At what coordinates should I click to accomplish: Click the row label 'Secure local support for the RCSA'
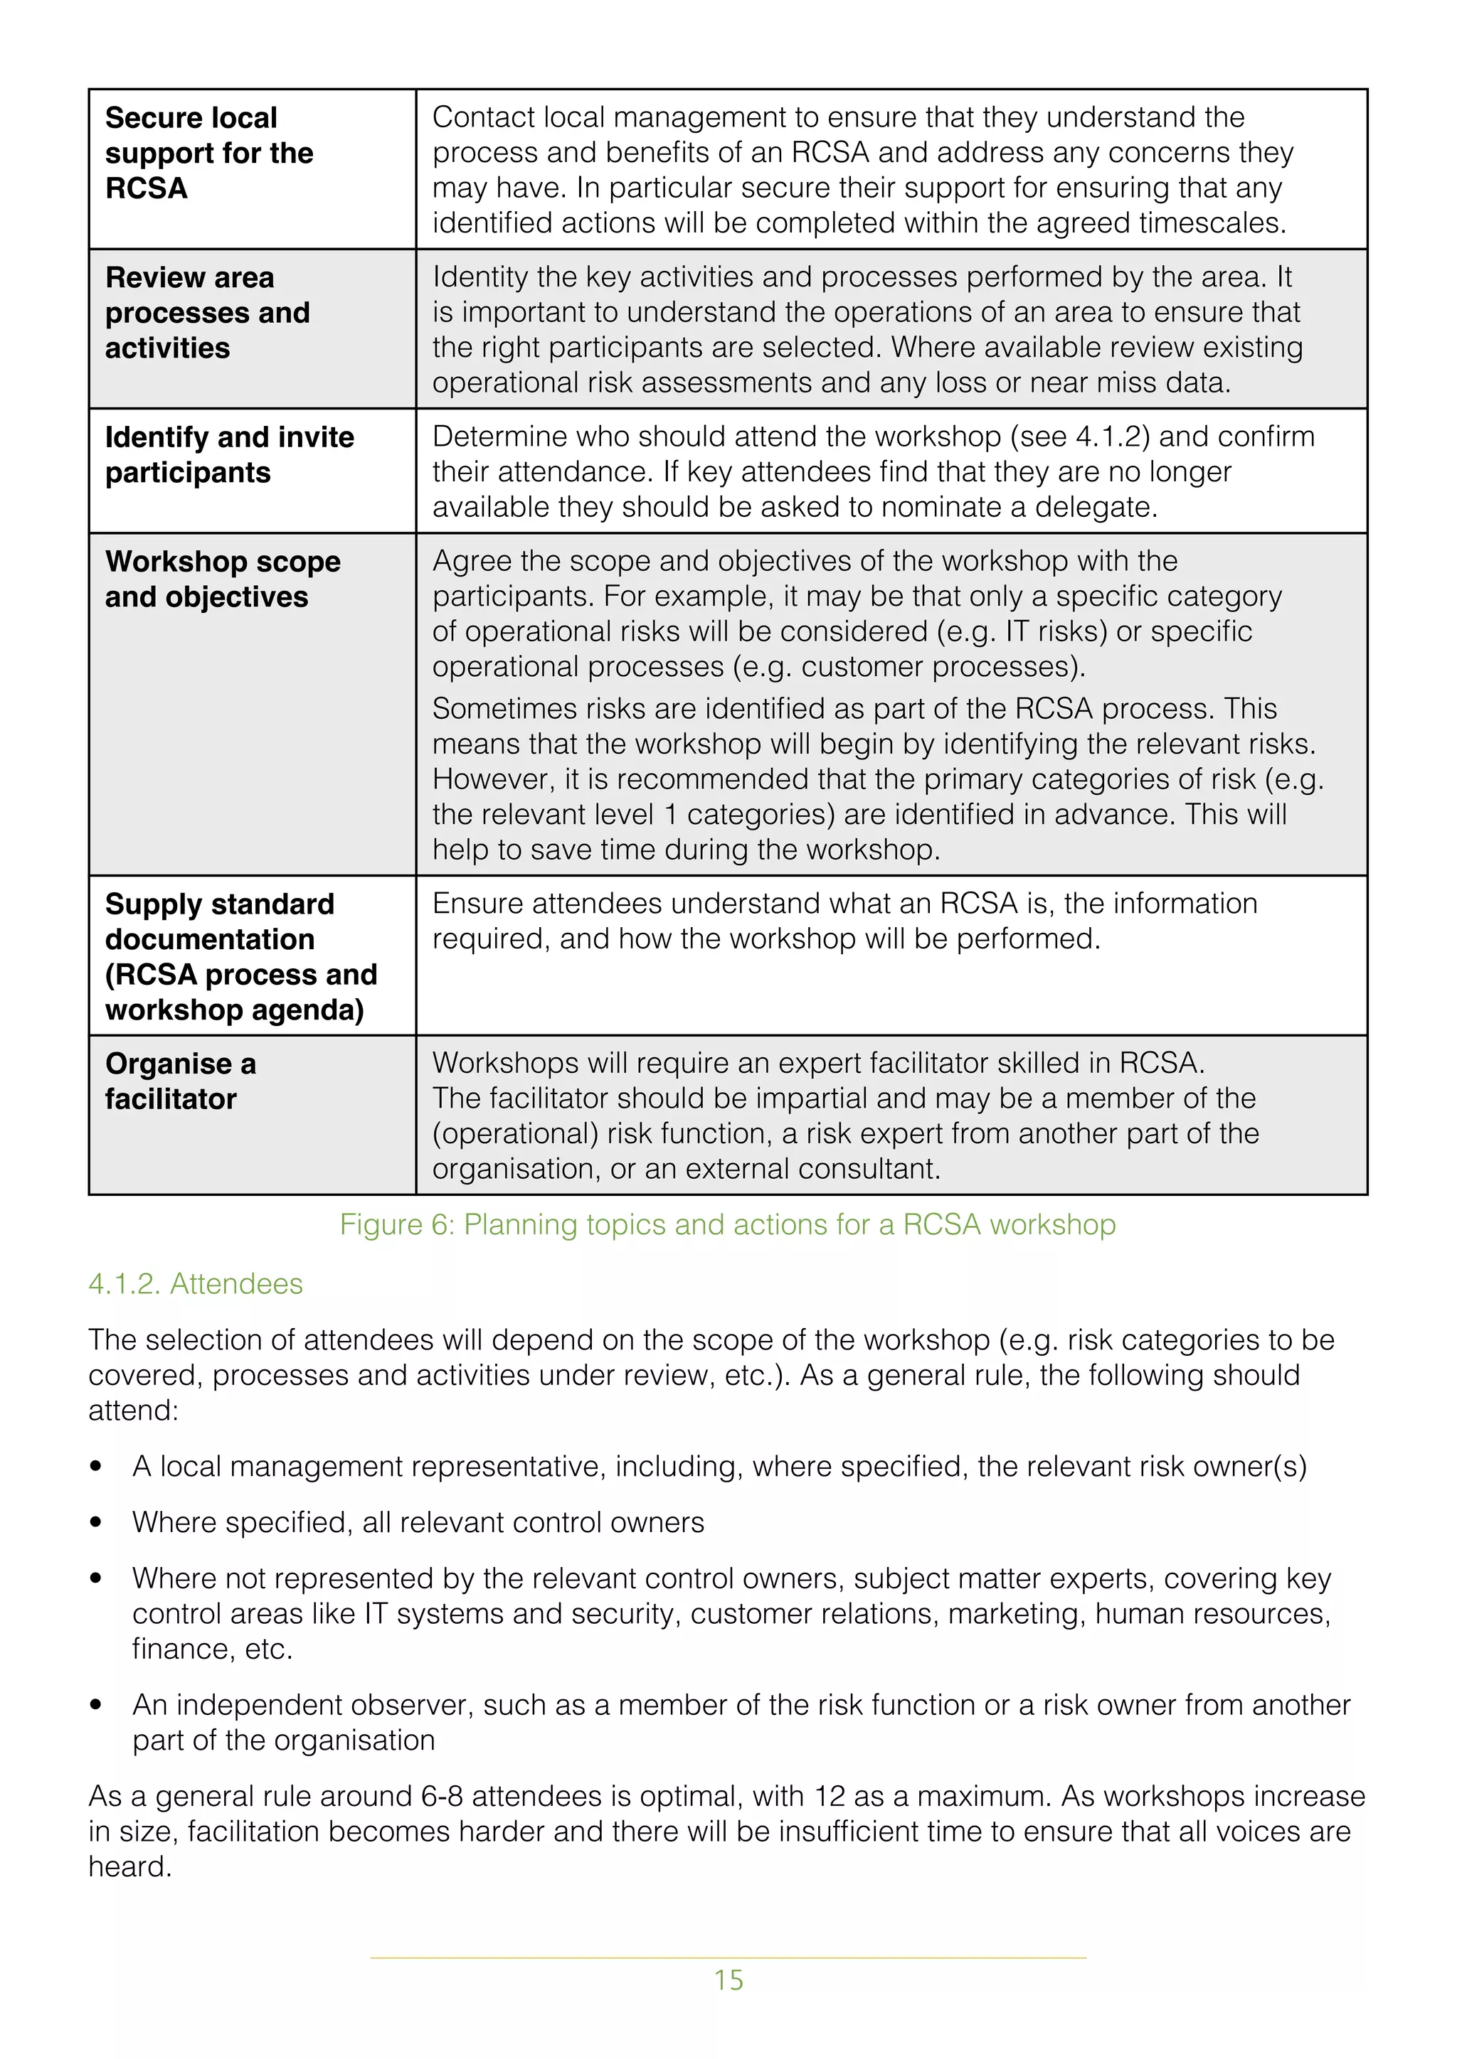click(x=208, y=152)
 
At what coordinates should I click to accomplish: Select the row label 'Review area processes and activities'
click(x=206, y=312)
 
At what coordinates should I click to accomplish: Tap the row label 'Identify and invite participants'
click(x=229, y=454)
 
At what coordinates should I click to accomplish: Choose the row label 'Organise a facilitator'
click(x=179, y=1081)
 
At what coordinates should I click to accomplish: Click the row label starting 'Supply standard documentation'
click(x=240, y=956)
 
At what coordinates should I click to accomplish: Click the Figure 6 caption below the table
click(x=728, y=1224)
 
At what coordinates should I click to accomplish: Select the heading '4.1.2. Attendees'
click(x=195, y=1283)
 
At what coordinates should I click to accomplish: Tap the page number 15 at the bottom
click(x=728, y=1980)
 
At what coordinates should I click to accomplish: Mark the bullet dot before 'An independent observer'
click(x=96, y=1706)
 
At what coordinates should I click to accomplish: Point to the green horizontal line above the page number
click(x=728, y=1957)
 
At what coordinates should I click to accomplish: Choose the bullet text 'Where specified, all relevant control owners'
click(x=418, y=1523)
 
